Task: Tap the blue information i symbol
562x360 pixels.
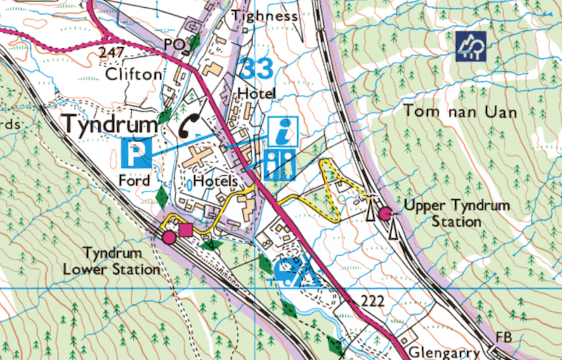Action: click(283, 131)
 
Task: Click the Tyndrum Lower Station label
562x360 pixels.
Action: click(112, 260)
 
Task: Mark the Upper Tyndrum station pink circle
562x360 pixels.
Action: click(385, 213)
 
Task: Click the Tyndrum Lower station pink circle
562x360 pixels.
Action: click(169, 238)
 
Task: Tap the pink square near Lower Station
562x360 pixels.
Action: click(185, 229)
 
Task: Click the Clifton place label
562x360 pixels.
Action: click(130, 74)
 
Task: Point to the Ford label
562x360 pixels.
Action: click(134, 181)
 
